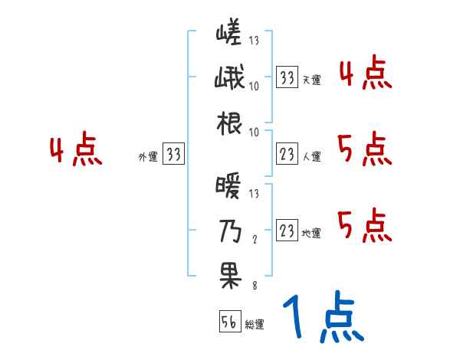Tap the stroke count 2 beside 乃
tap(255, 239)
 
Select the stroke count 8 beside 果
tap(255, 285)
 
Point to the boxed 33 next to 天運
tap(287, 77)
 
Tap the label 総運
tap(255, 325)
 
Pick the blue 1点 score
tap(322, 318)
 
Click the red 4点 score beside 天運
tap(365, 74)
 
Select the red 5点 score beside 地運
tap(365, 225)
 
